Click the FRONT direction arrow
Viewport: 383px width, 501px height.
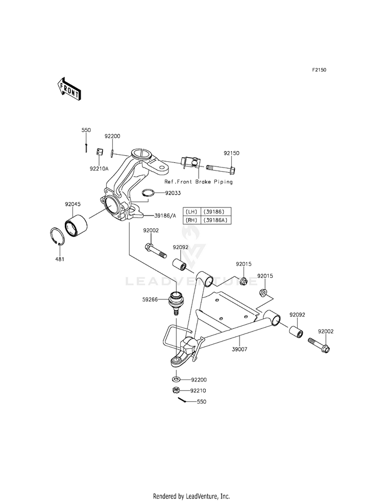tap(68, 89)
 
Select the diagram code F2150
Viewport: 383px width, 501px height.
tap(319, 69)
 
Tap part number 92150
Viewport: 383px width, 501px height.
tap(231, 153)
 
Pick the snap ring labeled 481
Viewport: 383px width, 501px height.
tap(58, 236)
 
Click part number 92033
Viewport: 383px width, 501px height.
tap(173, 193)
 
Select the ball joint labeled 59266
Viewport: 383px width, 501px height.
tap(176, 302)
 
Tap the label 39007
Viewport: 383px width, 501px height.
tap(240, 349)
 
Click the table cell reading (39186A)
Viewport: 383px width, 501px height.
tap(216, 220)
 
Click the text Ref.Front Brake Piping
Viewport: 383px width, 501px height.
tap(198, 182)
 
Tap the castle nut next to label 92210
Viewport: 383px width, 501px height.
tap(175, 390)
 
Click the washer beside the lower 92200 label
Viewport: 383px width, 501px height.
tap(176, 379)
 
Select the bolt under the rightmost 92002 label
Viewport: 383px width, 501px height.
tap(319, 345)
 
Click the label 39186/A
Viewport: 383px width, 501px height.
tap(165, 216)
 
